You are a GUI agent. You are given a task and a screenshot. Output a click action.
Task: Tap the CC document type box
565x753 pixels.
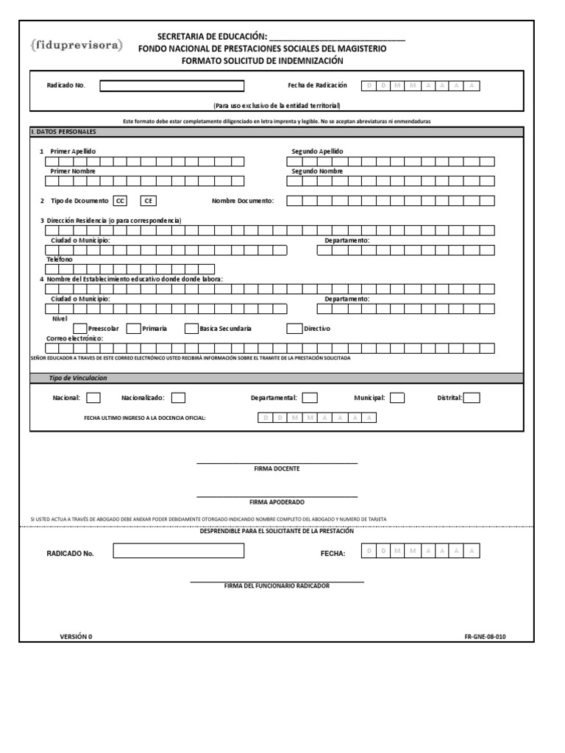tap(121, 201)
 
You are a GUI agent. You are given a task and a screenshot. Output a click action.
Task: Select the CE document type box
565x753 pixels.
tap(147, 201)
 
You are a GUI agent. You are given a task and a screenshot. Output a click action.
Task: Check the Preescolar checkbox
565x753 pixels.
tap(80, 328)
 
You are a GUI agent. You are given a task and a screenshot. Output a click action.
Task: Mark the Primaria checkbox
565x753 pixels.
tap(133, 328)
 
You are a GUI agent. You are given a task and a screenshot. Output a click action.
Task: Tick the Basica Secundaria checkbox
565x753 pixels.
tap(191, 328)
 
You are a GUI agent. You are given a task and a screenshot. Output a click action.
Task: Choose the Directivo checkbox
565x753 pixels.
tap(294, 328)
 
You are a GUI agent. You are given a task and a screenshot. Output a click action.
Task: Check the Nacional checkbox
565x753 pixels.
tap(93, 398)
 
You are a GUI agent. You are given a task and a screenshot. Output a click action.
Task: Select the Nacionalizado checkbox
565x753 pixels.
tap(178, 398)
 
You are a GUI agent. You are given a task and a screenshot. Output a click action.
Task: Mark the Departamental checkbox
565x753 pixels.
tap(310, 398)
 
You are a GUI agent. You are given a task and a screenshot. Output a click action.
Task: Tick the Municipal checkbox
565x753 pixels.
tap(397, 398)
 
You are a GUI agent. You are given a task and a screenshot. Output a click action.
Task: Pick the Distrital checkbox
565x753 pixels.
tap(472, 398)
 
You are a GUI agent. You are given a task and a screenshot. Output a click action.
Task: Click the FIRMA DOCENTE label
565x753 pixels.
tap(277, 468)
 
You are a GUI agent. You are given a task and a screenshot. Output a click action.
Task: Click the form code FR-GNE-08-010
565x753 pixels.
tap(485, 637)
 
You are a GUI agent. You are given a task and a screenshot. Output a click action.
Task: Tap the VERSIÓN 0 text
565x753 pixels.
tap(76, 637)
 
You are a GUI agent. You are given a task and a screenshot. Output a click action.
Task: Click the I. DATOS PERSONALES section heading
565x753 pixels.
tap(63, 132)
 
